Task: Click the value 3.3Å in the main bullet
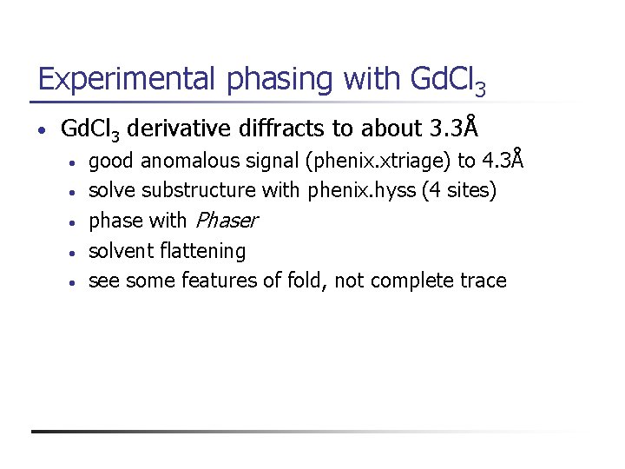454,129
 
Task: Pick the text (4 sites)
459,190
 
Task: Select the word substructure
199,190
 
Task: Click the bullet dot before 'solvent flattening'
77,253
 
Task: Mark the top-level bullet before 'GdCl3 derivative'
41,131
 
